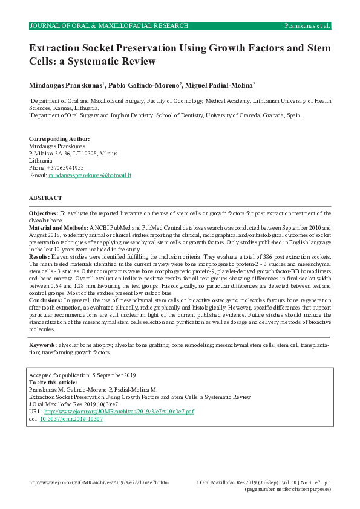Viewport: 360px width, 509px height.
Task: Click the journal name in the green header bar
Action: (x=109, y=26)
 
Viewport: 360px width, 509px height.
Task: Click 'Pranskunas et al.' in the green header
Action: (x=307, y=26)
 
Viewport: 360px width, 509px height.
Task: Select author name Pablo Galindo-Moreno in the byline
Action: (x=149, y=85)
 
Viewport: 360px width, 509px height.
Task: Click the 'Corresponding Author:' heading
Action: (x=59, y=139)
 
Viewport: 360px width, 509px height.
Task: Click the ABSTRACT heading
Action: (x=45, y=198)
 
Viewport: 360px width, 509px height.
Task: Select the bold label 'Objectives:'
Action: (x=44, y=213)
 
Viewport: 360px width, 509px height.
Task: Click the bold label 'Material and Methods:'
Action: (x=59, y=227)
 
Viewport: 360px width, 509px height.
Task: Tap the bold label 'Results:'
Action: (x=39, y=257)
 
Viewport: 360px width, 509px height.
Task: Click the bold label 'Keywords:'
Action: (x=44, y=345)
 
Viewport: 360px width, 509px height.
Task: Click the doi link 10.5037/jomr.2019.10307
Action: (x=71, y=418)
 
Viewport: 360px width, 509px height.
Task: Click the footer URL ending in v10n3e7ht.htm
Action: (x=99, y=482)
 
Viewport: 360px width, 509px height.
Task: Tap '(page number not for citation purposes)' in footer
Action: (x=287, y=489)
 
